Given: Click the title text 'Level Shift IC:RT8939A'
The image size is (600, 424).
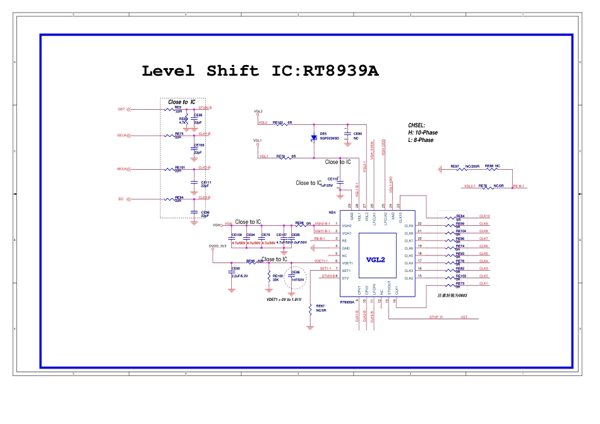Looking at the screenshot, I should (260, 71).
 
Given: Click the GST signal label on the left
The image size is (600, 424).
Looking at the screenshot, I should (121, 109).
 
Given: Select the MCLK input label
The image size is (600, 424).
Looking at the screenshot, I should (122, 169).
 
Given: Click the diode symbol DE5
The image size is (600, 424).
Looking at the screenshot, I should (314, 138).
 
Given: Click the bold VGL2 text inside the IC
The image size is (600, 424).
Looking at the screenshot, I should (375, 259).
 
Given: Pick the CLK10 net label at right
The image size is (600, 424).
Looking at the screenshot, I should (484, 216).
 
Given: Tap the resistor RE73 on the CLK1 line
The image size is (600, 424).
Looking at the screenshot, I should (451, 285).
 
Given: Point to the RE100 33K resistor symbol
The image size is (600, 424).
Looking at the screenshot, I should (270, 272).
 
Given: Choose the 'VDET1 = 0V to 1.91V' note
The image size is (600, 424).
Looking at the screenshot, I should (284, 300).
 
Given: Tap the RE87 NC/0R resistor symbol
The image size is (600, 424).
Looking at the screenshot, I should (310, 309).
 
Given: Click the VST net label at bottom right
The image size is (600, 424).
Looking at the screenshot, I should (464, 317).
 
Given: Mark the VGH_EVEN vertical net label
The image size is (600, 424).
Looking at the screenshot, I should (373, 149).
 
